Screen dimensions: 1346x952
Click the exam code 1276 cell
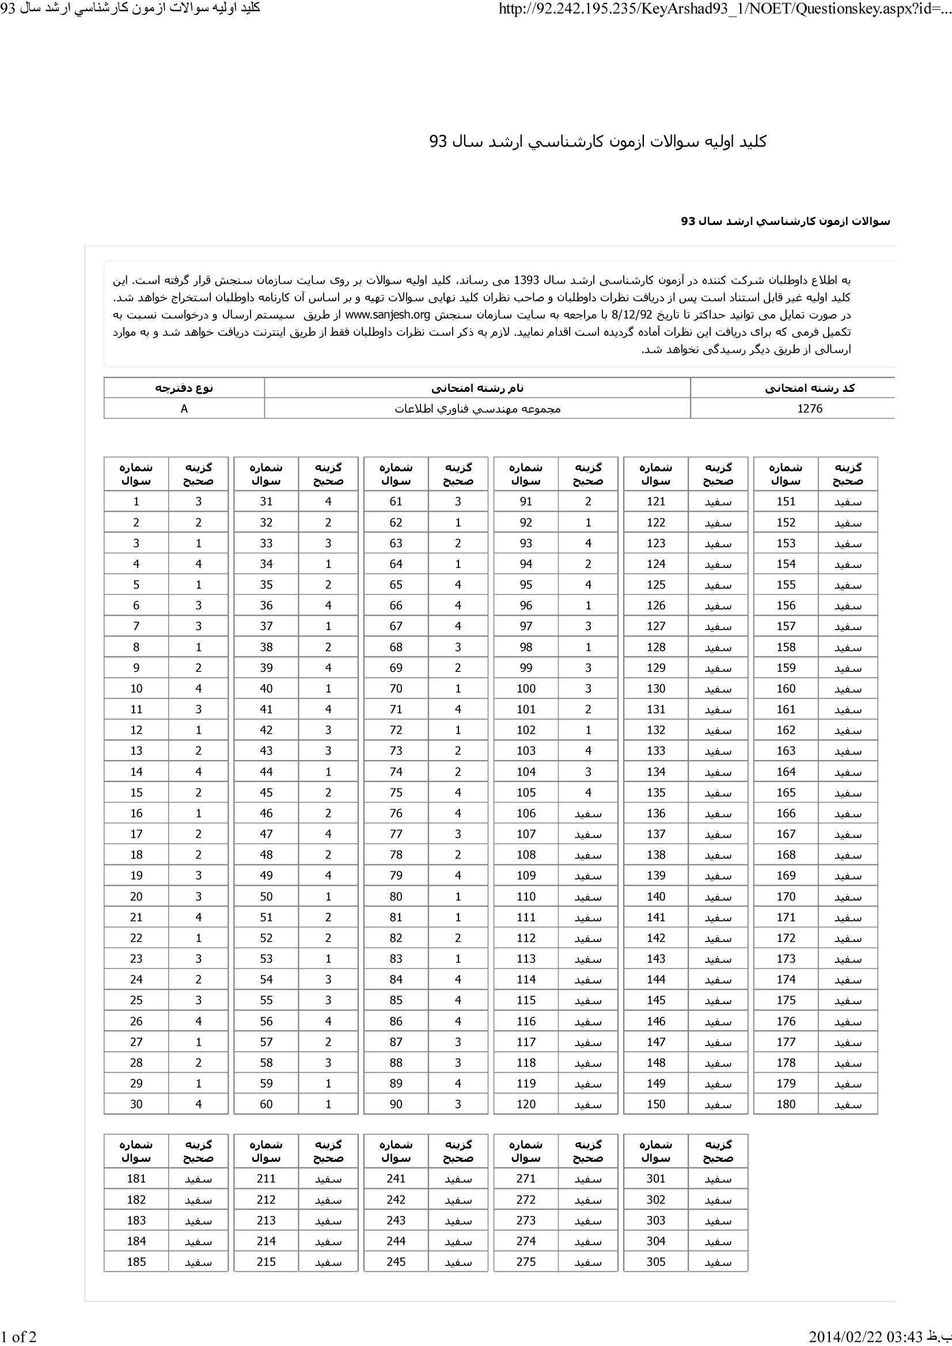[x=810, y=409]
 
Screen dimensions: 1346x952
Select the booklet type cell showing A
[x=184, y=409]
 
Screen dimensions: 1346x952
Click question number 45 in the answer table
[x=266, y=792]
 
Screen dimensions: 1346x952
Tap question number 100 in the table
[x=526, y=689]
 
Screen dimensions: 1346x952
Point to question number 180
[x=786, y=1104]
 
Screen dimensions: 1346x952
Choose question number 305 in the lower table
[x=656, y=1262]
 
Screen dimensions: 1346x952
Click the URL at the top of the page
[x=725, y=9]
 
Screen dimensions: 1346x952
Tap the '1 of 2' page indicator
[x=18, y=1337]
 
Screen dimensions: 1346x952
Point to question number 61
[x=396, y=501]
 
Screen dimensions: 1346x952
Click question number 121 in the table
[x=656, y=501]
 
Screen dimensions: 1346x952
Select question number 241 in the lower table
[x=396, y=1179]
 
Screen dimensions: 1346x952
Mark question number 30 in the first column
[x=136, y=1104]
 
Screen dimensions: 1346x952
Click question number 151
[x=786, y=501]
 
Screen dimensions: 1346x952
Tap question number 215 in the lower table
[x=266, y=1262]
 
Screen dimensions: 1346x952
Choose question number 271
[x=526, y=1179]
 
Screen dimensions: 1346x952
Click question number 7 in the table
[x=136, y=626]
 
